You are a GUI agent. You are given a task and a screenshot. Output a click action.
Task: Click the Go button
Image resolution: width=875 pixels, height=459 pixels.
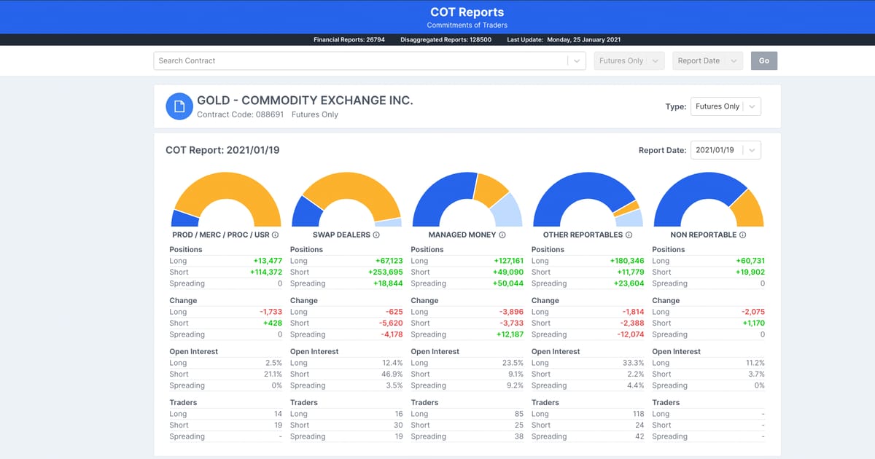click(x=763, y=60)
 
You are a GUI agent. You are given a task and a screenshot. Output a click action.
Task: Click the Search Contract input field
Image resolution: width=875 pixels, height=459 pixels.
click(x=360, y=60)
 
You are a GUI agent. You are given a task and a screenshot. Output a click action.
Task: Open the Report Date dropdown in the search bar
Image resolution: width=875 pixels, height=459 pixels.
click(x=707, y=60)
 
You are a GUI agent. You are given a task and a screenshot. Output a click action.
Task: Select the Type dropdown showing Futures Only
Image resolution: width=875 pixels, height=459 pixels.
click(x=725, y=106)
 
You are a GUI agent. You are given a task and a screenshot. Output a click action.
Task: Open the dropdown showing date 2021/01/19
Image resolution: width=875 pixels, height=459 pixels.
click(x=725, y=150)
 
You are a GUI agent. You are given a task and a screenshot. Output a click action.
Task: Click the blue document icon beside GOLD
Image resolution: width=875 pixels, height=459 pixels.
click(x=179, y=106)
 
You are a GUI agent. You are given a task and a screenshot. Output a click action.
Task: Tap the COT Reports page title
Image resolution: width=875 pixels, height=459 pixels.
click(x=467, y=12)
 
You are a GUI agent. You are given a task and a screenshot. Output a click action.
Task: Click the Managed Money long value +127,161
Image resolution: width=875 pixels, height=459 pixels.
click(x=507, y=261)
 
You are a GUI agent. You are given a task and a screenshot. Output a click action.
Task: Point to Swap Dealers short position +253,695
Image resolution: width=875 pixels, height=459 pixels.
click(x=386, y=272)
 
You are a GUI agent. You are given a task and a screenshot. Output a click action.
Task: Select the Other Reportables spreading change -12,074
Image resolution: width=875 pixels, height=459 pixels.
click(x=627, y=334)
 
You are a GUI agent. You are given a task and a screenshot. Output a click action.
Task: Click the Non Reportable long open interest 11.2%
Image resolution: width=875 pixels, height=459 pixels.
click(x=754, y=363)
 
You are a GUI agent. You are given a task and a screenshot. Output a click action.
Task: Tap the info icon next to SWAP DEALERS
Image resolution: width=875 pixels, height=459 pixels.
click(x=376, y=235)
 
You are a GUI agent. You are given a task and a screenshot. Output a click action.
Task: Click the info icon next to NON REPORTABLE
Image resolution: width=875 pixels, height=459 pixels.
click(x=742, y=235)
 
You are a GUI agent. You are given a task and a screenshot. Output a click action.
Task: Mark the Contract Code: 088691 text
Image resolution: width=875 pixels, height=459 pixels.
click(x=240, y=114)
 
